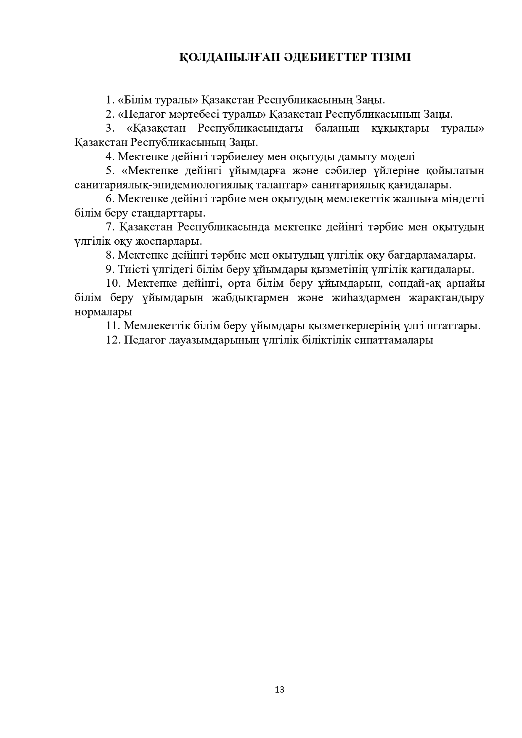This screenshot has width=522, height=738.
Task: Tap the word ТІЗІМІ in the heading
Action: (391, 58)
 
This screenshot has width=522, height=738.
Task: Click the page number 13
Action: (279, 689)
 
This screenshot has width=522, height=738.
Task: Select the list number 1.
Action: (109, 100)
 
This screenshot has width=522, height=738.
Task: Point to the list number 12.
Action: (113, 340)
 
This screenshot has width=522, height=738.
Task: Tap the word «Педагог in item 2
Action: (140, 114)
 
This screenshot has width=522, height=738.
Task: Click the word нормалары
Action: (103, 312)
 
